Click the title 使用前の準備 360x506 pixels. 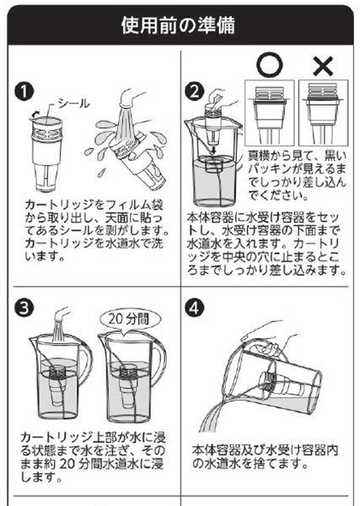click(178, 26)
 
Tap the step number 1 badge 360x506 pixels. click(24, 91)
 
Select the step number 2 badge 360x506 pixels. click(195, 91)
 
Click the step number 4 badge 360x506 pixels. click(195, 308)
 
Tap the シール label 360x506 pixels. click(74, 104)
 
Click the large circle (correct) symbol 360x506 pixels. click(270, 65)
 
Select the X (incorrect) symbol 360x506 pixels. click(323, 66)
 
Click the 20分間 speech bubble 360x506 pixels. click(130, 320)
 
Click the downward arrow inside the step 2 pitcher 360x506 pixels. click(213, 148)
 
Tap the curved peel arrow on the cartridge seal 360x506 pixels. click(35, 115)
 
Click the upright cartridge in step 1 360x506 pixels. click(46, 155)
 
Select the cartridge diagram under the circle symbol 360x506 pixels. click(270, 113)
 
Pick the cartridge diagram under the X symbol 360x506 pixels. click(323, 113)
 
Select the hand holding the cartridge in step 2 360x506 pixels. click(218, 98)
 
